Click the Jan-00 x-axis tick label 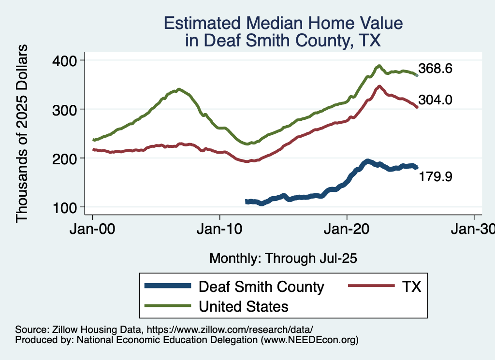[93, 230]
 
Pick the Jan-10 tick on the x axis [220, 230]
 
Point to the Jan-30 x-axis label [473, 230]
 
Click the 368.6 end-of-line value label [435, 69]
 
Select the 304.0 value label [435, 100]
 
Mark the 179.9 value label [435, 177]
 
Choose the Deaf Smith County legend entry [262, 287]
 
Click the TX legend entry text [412, 287]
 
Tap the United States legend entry [244, 306]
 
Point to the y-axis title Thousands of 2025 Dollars [22, 133]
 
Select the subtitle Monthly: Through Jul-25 [283, 259]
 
